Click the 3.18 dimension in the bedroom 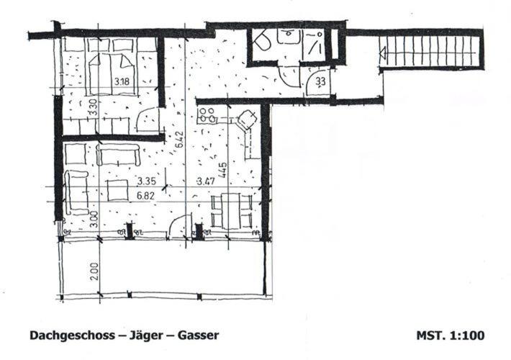coord(122,81)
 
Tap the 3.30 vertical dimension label coord(93,107)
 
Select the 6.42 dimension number coord(180,140)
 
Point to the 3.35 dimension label coord(146,181)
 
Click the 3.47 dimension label coord(206,181)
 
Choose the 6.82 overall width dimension coord(145,196)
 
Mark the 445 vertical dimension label coord(223,170)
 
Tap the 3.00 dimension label coord(94,220)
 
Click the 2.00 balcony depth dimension coord(94,271)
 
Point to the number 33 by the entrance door coord(320,81)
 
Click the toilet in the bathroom coord(262,41)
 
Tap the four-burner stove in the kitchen coord(207,115)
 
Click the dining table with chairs coord(232,211)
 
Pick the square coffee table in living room coord(117,190)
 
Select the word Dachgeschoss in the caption coord(73,336)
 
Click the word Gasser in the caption coord(198,336)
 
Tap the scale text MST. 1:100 coord(451,336)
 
